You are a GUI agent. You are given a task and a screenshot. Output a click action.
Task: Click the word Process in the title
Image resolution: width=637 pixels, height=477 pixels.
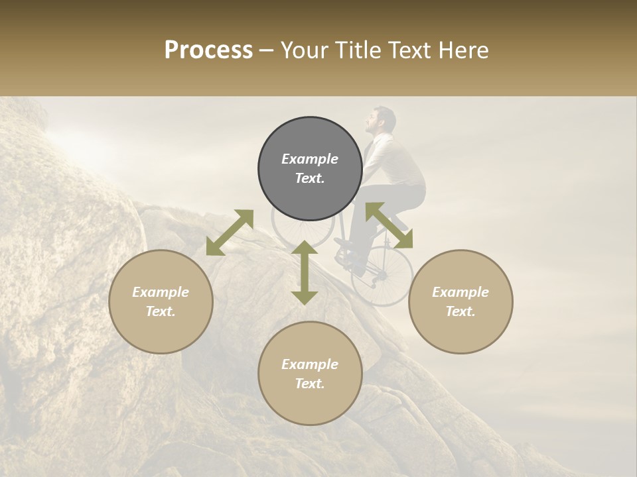(208, 50)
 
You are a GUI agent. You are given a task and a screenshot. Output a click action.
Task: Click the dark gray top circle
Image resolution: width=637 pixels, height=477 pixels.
(310, 168)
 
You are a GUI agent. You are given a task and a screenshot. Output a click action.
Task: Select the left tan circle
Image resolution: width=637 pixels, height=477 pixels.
(161, 301)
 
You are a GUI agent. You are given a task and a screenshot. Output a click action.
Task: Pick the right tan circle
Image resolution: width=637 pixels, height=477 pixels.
(460, 301)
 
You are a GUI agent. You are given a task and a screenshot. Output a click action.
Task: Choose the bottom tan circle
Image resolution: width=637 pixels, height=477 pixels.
(310, 373)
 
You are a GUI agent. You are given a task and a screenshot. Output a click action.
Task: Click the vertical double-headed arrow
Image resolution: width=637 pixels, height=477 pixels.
(305, 272)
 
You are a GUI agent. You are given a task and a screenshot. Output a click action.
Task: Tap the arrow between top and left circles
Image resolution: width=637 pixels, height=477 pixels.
(230, 233)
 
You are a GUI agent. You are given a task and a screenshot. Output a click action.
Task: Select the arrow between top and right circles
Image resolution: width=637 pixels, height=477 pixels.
(389, 225)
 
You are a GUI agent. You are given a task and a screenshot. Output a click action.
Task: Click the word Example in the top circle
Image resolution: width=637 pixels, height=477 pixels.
(310, 159)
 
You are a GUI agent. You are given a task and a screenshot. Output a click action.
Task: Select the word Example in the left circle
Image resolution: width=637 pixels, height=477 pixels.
(161, 292)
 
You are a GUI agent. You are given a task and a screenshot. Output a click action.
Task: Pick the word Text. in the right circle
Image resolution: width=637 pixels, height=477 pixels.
(460, 311)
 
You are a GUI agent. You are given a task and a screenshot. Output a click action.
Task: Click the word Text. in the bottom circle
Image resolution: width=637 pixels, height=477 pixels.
(310, 384)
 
